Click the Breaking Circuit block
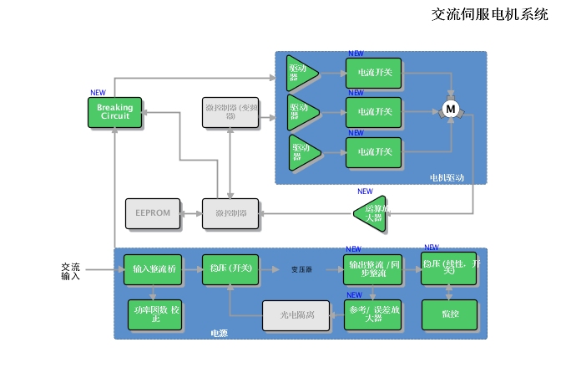(114, 113)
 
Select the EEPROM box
(152, 213)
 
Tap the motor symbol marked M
(451, 110)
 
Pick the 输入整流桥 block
(153, 269)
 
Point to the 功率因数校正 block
(153, 314)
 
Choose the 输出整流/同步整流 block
(373, 268)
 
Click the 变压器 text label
(301, 270)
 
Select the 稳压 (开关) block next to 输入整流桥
(230, 269)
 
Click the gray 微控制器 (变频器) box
(230, 113)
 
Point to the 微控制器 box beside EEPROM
(230, 213)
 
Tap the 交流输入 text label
(71, 271)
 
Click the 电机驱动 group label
(446, 178)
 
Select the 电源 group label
(219, 334)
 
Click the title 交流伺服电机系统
(489, 14)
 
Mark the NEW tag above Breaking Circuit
(98, 93)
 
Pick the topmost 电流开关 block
(374, 73)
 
